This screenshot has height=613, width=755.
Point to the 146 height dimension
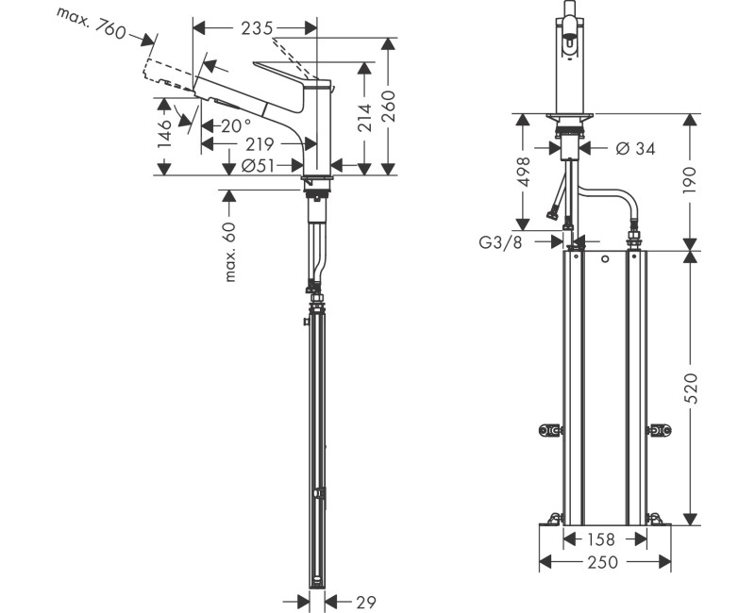click(165, 133)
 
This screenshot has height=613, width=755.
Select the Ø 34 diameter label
click(634, 148)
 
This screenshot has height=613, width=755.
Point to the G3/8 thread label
click(499, 241)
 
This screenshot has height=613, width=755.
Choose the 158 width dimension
click(604, 539)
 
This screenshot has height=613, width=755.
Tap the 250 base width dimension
click(604, 563)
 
